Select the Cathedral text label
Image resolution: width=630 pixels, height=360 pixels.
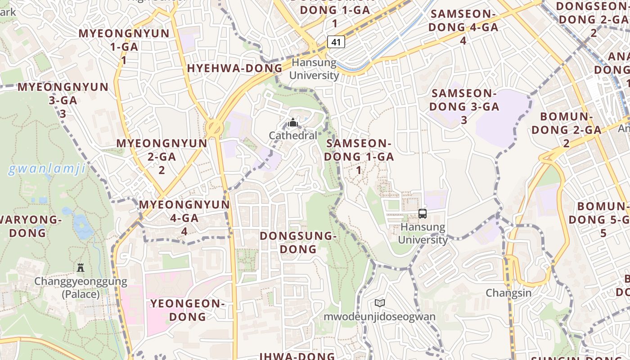(x=293, y=135)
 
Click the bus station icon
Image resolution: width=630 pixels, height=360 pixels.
(x=423, y=214)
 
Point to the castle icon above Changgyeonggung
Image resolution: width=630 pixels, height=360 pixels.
(x=81, y=268)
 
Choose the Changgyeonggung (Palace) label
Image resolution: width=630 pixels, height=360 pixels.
(x=81, y=288)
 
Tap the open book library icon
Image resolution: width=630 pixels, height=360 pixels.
(x=380, y=303)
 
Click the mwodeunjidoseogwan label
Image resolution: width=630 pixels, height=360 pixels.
(x=380, y=316)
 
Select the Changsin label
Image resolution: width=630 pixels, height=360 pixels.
(x=508, y=293)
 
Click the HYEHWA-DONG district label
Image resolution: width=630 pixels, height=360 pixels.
(x=234, y=68)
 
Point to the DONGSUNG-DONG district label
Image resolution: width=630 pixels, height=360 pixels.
(x=298, y=242)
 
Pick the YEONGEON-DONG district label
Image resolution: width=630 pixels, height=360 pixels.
(x=187, y=310)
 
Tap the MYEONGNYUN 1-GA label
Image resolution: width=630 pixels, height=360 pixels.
(x=124, y=46)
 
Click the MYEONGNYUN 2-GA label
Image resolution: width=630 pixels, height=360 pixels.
(x=162, y=156)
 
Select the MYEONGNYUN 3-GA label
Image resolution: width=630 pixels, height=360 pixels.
(x=63, y=100)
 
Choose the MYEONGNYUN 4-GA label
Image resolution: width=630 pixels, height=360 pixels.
(x=184, y=217)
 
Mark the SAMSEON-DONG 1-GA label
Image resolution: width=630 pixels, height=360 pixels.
(x=359, y=156)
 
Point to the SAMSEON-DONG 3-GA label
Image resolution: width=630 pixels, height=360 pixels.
(x=463, y=106)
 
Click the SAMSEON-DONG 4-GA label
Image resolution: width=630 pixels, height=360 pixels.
(x=463, y=27)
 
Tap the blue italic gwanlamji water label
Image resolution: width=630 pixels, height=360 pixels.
(x=47, y=169)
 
